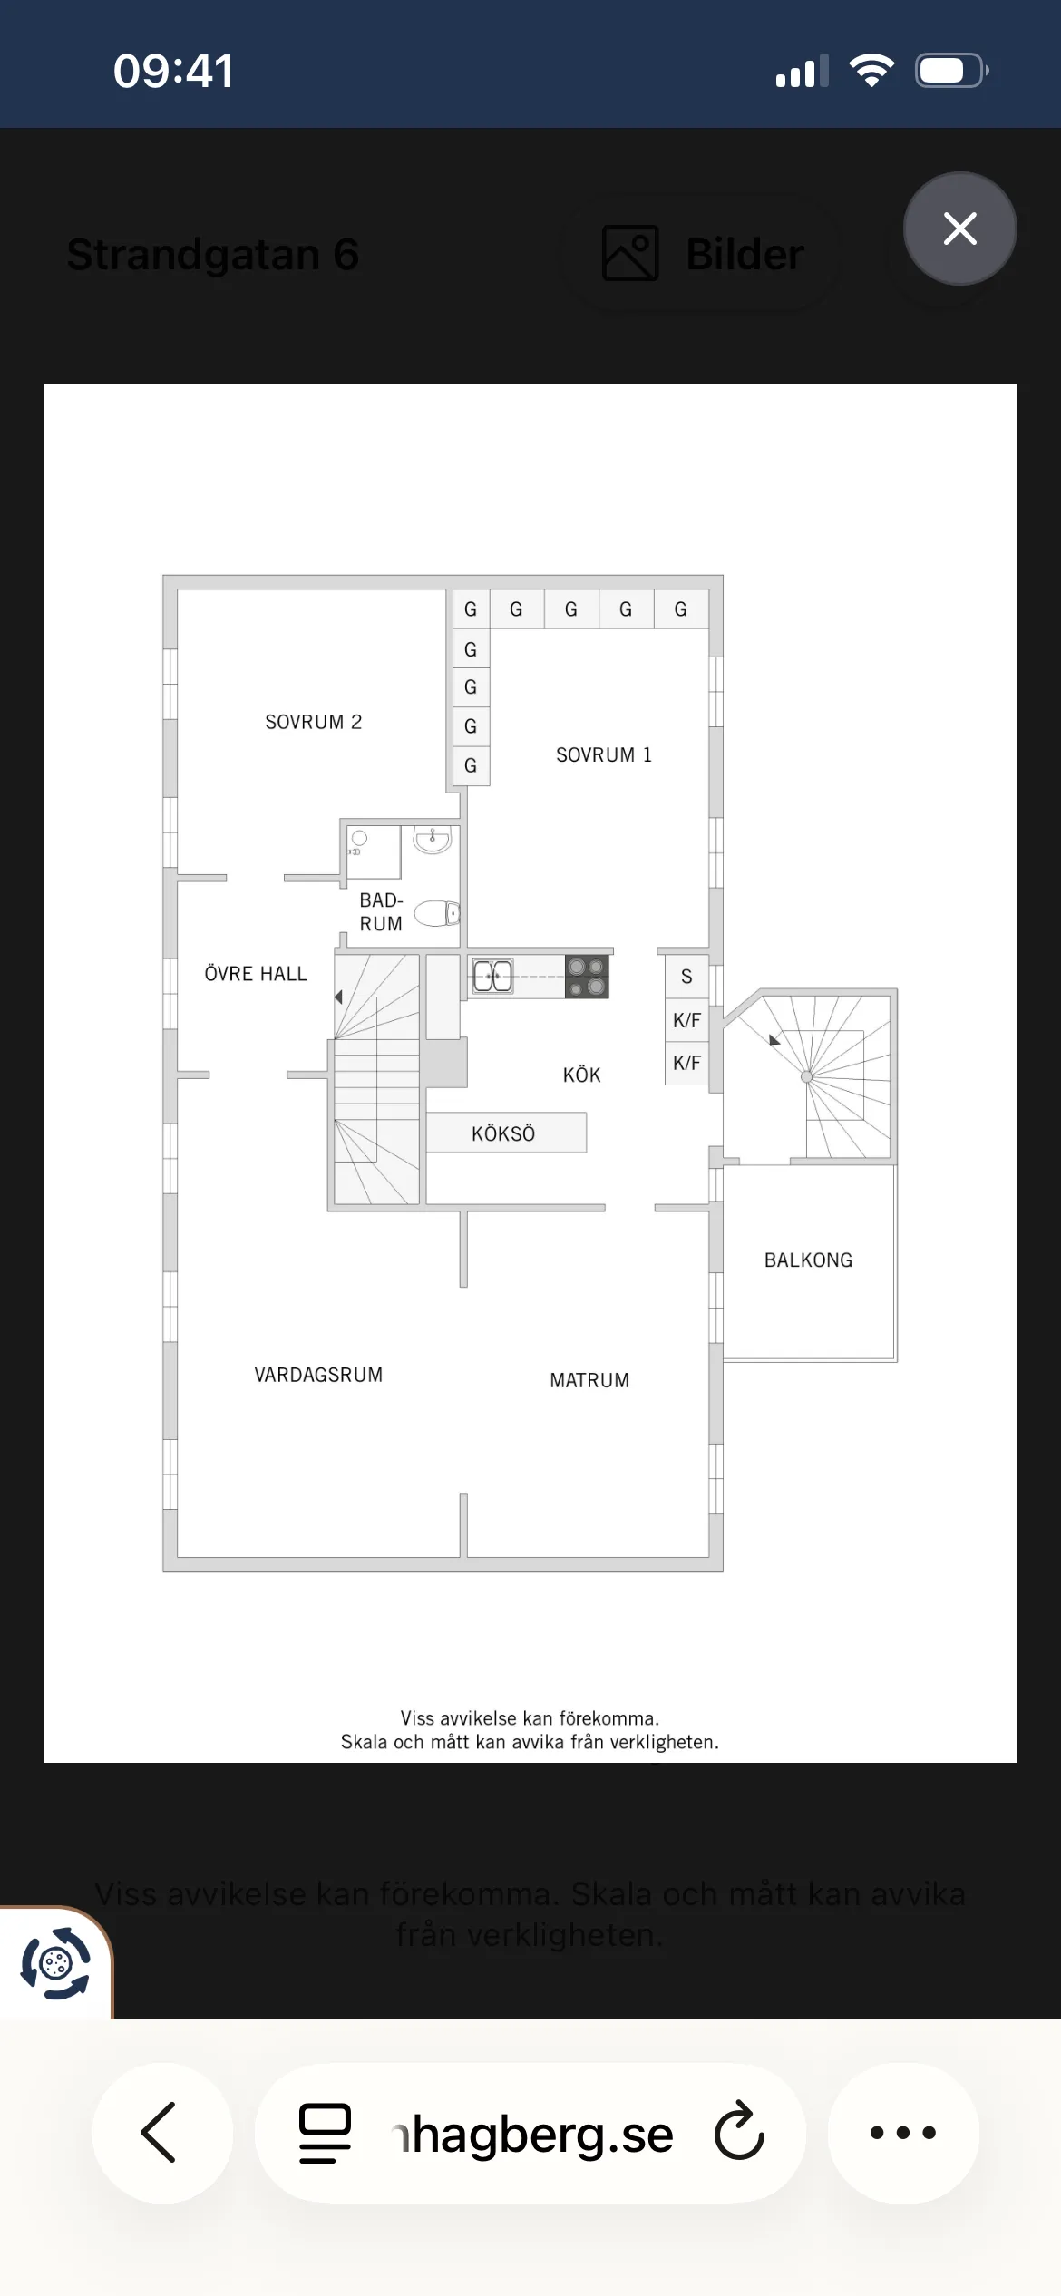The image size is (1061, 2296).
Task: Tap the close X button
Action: point(959,229)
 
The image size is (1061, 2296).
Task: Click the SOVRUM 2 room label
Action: point(313,722)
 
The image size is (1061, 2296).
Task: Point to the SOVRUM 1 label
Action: point(604,754)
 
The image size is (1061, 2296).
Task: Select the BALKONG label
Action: point(808,1260)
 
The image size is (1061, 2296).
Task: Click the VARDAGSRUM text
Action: point(318,1375)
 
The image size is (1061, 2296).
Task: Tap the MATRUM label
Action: point(589,1380)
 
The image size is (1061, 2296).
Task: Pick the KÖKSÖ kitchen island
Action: point(505,1133)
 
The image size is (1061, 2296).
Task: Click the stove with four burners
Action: point(587,977)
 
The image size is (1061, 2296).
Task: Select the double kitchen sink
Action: point(493,977)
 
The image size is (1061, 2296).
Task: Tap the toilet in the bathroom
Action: point(437,913)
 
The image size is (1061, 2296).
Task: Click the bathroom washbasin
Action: point(433,839)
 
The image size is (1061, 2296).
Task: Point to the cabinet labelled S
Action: point(686,977)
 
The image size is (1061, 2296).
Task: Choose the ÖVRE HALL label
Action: point(256,974)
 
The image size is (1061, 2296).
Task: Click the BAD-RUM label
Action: point(381,912)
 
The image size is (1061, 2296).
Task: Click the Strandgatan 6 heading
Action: point(213,254)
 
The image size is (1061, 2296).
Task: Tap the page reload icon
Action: point(739,2131)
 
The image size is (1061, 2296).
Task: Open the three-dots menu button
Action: point(903,2132)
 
